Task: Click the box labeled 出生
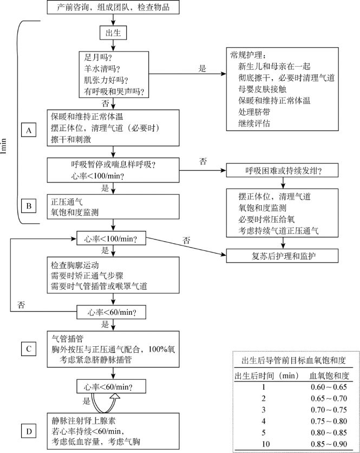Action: coord(113,33)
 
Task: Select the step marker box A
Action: coord(29,131)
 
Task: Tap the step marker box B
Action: coord(29,206)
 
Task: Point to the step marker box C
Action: coord(29,349)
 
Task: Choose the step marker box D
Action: coord(29,431)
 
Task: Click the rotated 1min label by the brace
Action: coord(3,146)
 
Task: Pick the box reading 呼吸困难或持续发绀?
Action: coord(282,171)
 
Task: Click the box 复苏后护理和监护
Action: coord(282,256)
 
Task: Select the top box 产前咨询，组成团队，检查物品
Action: coord(113,7)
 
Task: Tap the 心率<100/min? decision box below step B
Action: coord(111,238)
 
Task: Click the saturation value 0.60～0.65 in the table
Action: coord(329,387)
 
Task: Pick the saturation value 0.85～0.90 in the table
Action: coord(329,444)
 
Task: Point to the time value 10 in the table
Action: coord(265,444)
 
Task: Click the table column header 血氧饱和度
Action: coord(329,376)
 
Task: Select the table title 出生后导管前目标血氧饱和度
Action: coord(293,360)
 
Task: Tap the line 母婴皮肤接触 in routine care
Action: coord(262,89)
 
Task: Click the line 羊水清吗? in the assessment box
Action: coord(102,69)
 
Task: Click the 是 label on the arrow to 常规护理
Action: coord(202,68)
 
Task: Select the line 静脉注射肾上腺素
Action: coord(83,420)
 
